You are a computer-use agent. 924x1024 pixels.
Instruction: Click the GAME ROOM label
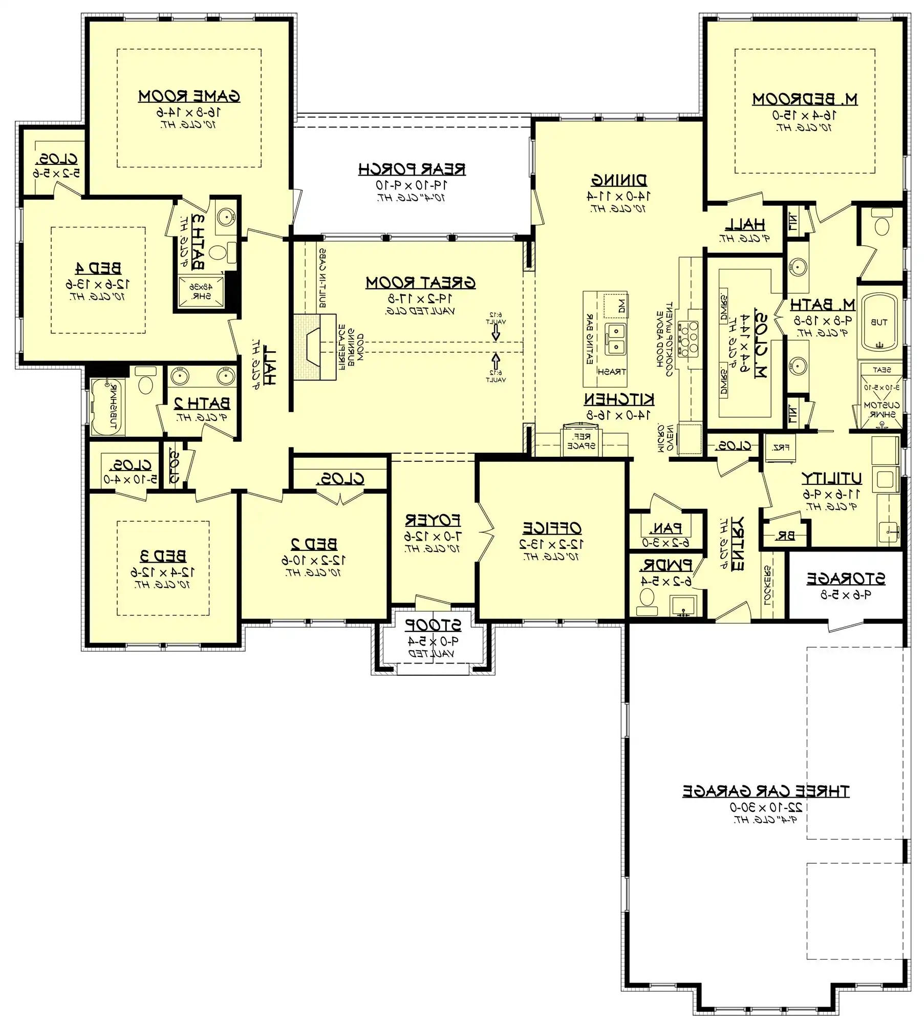coord(189,96)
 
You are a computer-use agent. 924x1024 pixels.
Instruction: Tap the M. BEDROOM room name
coord(805,99)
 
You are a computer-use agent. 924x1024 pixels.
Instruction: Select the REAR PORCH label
coord(412,169)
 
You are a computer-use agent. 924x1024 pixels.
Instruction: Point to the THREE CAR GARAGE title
coord(766,791)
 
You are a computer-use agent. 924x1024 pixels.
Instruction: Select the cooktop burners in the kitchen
coord(688,338)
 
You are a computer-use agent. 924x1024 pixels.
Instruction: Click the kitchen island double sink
coord(615,339)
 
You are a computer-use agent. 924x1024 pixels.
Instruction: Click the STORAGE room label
coord(846,579)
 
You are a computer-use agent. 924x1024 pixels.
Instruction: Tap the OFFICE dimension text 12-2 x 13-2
coord(551,544)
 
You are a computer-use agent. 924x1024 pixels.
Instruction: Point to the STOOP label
coord(433,625)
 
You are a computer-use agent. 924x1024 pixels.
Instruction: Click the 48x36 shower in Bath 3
coord(201,292)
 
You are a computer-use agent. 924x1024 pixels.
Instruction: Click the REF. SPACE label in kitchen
coord(581,441)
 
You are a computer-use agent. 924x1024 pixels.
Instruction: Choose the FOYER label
coord(433,521)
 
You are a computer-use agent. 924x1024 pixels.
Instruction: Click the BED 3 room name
coord(163,556)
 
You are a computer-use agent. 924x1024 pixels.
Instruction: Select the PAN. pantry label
coord(665,528)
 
